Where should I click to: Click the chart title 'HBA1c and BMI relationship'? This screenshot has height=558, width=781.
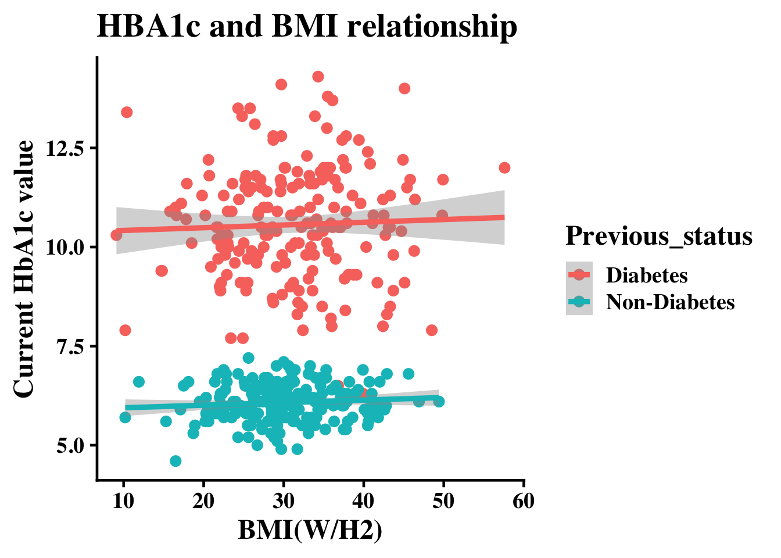tap(306, 27)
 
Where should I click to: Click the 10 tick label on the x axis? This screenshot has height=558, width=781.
tap(123, 501)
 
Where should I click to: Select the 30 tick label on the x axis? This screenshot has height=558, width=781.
tap(284, 501)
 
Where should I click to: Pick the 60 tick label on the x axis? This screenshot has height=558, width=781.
tap(524, 501)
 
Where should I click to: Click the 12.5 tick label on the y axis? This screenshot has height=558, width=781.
tap(66, 148)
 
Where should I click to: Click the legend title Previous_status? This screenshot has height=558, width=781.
tap(659, 237)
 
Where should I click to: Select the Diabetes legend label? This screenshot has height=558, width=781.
tap(647, 275)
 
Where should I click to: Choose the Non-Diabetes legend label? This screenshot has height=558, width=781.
tap(670, 302)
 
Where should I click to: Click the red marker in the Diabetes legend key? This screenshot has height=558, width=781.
tap(579, 275)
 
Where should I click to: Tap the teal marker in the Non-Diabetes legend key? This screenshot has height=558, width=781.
tap(579, 302)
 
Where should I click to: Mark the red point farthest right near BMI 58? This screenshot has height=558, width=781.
tap(504, 168)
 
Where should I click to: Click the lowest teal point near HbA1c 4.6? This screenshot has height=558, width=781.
tap(175, 461)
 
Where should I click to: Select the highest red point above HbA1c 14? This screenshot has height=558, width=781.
tap(318, 77)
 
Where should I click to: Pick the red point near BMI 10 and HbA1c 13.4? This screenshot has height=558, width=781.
tap(127, 112)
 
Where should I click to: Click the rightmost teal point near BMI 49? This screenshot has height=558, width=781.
tap(439, 402)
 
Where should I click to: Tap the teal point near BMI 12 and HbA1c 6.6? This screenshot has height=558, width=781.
tap(138, 382)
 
